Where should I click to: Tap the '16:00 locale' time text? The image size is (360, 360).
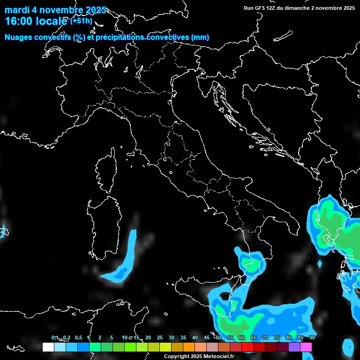[x=37, y=21]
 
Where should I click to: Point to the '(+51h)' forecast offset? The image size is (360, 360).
[x=81, y=21]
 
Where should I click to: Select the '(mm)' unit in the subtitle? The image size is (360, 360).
[x=200, y=37]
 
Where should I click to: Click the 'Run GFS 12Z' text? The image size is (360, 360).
[x=262, y=8]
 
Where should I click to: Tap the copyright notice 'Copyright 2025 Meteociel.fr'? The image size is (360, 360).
[x=199, y=356]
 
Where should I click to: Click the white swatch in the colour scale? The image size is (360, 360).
[x=48, y=347]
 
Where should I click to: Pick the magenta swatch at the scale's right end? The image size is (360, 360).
[x=306, y=347]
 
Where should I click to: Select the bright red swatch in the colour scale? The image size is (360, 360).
[x=247, y=347]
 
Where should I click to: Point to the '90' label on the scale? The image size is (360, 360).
[x=312, y=337]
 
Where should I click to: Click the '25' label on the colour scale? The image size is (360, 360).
[x=159, y=337]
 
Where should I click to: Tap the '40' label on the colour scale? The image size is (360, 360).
[x=195, y=337]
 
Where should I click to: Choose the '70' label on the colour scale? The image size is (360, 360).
[x=265, y=337]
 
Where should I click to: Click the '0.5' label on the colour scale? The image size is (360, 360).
[x=78, y=337]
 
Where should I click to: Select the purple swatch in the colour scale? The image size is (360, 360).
[x=294, y=347]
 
